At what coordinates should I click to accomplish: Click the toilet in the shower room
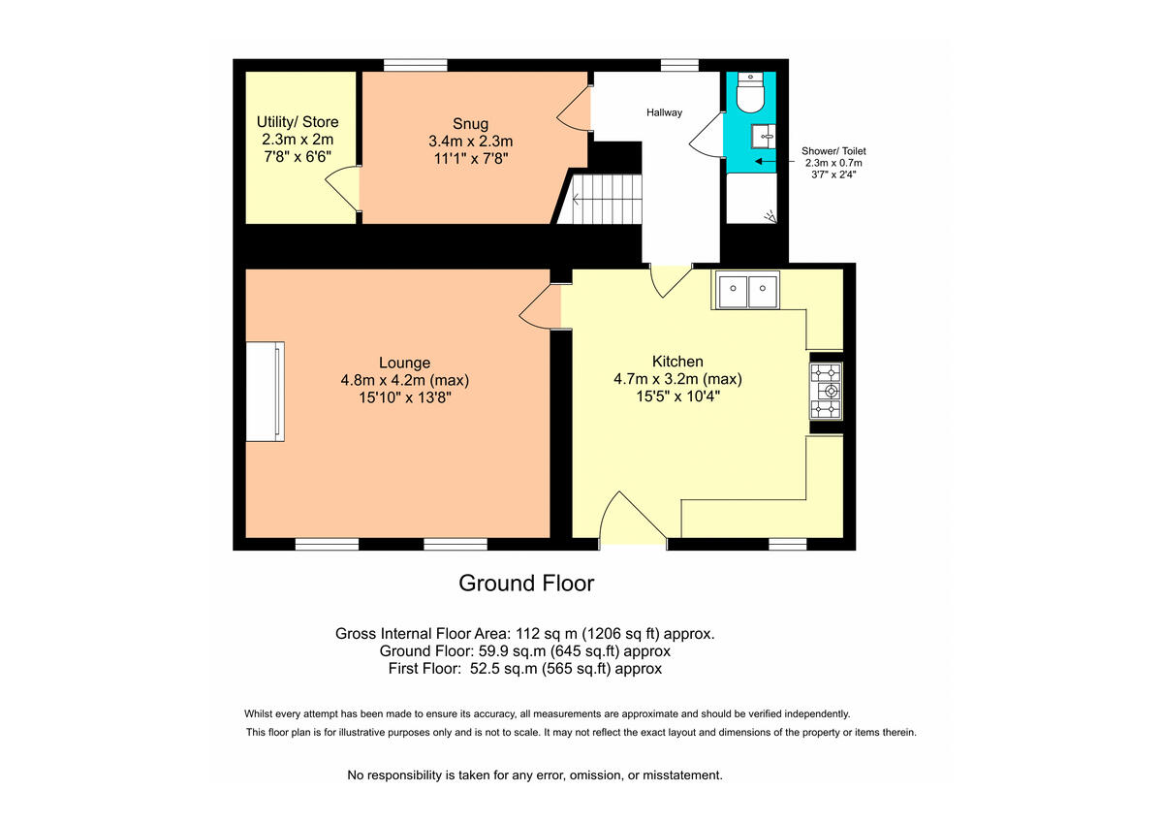751,94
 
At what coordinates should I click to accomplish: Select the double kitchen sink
747,290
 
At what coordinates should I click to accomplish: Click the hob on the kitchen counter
827,391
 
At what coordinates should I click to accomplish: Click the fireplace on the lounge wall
265,391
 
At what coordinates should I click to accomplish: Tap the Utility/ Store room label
298,122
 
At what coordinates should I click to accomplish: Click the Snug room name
470,124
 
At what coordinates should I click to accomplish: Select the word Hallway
664,112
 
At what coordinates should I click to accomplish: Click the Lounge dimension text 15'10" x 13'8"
404,397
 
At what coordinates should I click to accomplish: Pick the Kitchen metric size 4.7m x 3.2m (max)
677,379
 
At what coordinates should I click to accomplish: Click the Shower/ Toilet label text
833,151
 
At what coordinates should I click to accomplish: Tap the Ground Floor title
525,583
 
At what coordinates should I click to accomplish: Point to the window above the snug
415,66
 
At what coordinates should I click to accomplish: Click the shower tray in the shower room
753,199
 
